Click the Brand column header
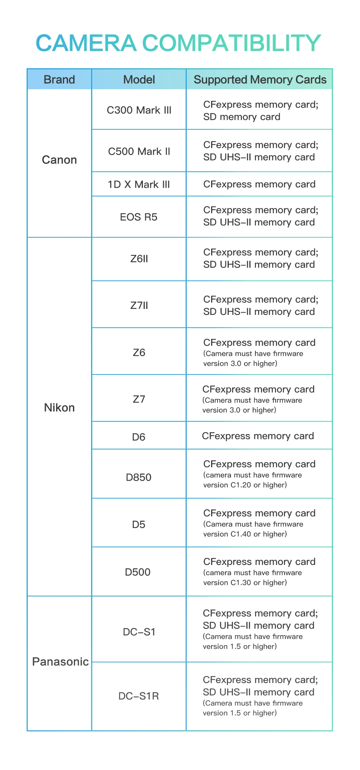[x=59, y=79]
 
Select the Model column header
[x=139, y=79]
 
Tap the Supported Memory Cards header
[x=260, y=79]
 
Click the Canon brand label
[x=59, y=160]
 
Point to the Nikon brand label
[x=59, y=407]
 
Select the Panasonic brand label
[x=60, y=662]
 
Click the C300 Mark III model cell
[x=139, y=110]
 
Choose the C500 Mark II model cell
[x=139, y=151]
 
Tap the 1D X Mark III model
[x=139, y=184]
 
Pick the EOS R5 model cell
[x=139, y=217]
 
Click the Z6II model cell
[x=139, y=259]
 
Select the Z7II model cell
[x=139, y=306]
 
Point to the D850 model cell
[x=139, y=477]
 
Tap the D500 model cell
[x=138, y=572]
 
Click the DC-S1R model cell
[x=139, y=696]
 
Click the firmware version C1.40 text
[x=245, y=534]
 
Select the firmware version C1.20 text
[x=245, y=485]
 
